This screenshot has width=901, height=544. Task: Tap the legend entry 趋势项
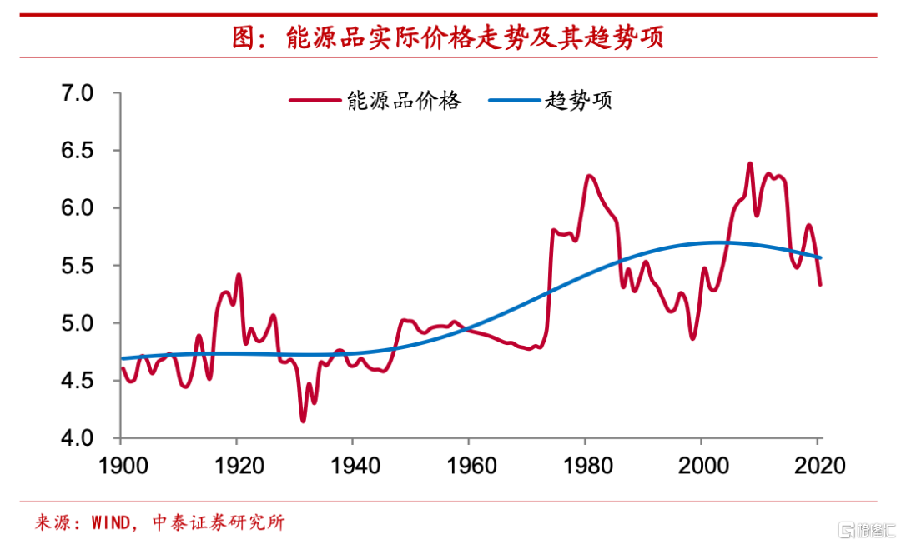pyautogui.click(x=579, y=102)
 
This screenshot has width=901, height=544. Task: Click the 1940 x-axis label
pyautogui.click(x=353, y=464)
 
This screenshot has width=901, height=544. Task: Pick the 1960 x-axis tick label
pyautogui.click(x=469, y=464)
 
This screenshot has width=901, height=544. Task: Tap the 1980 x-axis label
pyautogui.click(x=586, y=464)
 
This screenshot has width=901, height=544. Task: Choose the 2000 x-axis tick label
pyautogui.click(x=702, y=464)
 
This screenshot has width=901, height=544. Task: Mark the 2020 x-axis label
pyautogui.click(x=818, y=464)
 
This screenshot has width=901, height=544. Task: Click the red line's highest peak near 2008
pyautogui.click(x=749, y=164)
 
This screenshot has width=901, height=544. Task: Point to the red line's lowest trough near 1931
pyautogui.click(x=303, y=421)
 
